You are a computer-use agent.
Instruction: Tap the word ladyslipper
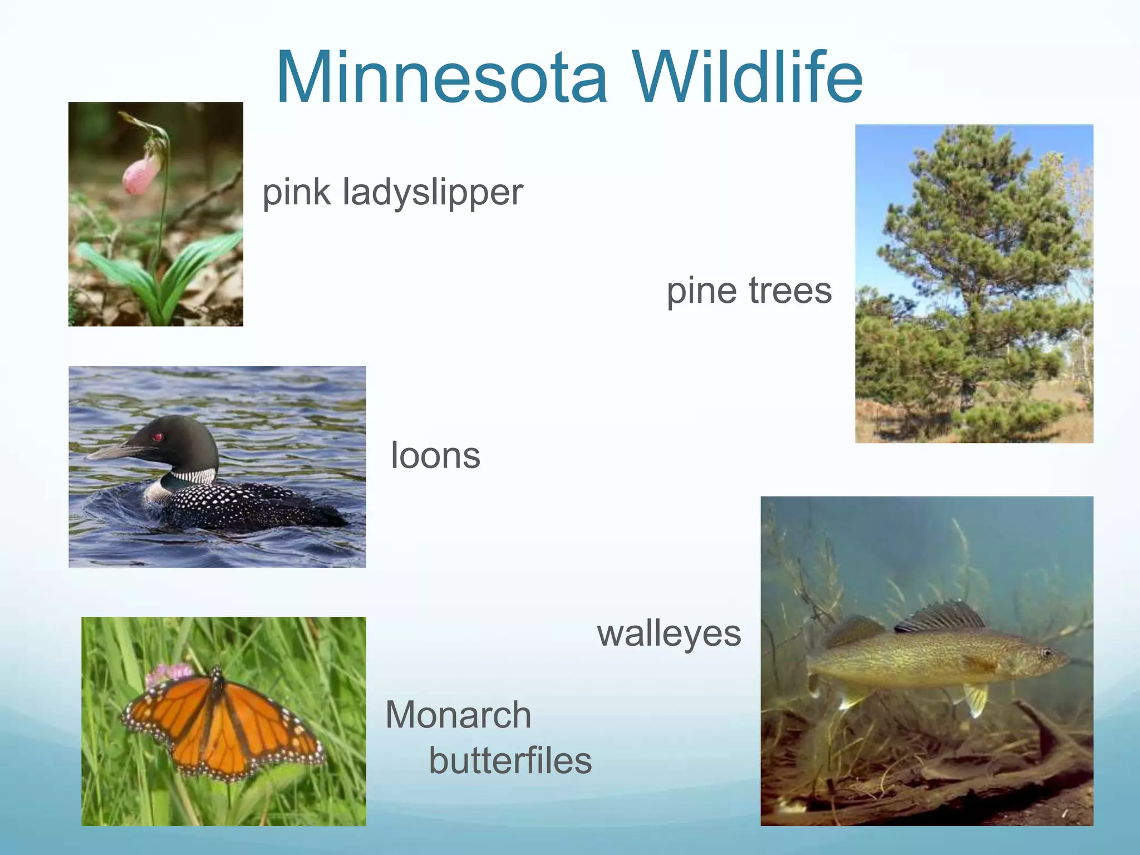433,193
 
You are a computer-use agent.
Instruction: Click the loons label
435,455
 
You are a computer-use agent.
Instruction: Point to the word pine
703,291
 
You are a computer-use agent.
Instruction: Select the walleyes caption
669,634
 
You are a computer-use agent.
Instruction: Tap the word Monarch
458,715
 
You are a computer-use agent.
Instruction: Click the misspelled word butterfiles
510,761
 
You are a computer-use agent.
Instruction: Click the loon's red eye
158,436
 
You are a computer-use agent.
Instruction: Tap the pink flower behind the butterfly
167,674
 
